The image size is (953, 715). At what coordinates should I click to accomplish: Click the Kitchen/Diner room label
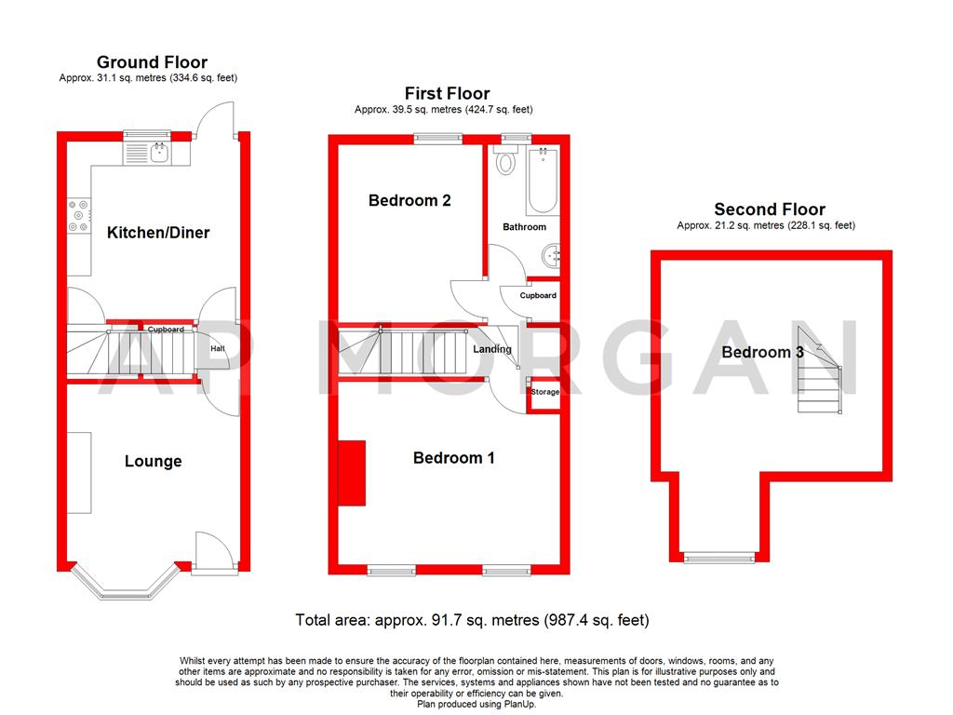tap(157, 233)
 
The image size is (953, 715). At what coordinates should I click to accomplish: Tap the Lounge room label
tap(154, 461)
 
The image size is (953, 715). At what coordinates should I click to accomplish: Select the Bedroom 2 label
tap(409, 200)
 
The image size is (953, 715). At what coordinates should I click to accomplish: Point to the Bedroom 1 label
tap(454, 457)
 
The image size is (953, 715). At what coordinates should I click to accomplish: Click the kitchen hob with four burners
tap(77, 216)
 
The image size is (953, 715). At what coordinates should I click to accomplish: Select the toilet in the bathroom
tap(506, 163)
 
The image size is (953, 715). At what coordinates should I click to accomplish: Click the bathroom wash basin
tap(553, 253)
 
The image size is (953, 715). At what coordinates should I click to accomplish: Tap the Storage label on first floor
tap(544, 393)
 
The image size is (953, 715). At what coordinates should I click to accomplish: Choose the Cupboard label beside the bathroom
tap(538, 296)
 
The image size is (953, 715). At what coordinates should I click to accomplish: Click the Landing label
tap(491, 349)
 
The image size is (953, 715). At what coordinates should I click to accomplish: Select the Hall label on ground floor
tap(217, 349)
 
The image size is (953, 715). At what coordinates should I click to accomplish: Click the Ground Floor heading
tap(152, 62)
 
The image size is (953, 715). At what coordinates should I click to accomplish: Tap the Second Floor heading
tap(769, 209)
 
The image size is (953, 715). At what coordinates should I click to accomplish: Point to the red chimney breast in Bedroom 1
tap(352, 473)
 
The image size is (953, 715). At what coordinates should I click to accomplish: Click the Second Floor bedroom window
tap(718, 558)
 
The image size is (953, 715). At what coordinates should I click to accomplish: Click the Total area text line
tap(472, 620)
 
